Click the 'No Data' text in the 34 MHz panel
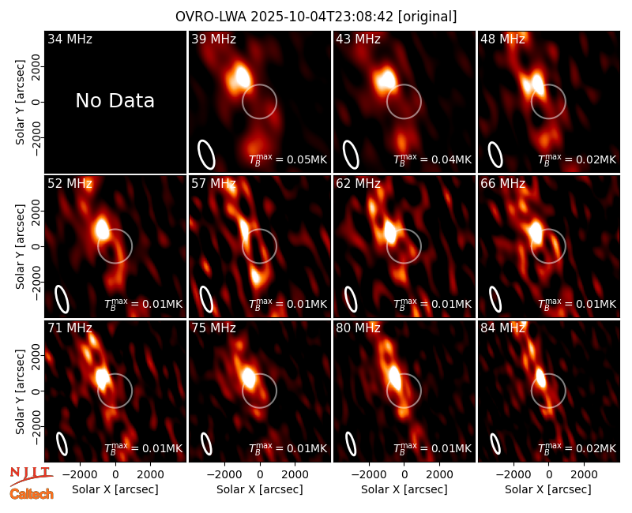pos(115,101)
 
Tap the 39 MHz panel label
pos(213,39)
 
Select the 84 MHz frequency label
pos(502,328)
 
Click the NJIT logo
pos(31,475)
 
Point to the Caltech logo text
pos(32,494)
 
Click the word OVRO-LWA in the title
pos(211,17)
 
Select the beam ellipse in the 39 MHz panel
pos(206,155)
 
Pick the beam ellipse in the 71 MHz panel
pos(62,444)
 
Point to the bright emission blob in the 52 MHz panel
pos(103,229)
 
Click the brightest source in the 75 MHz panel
pos(249,378)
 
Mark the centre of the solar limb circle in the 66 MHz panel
pos(548,246)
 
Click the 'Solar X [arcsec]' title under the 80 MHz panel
pos(404,489)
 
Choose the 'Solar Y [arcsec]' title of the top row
pos(21,103)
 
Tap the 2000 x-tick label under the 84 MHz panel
pos(584,475)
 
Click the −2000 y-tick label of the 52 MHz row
pos(36,282)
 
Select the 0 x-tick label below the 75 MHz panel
pos(260,475)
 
